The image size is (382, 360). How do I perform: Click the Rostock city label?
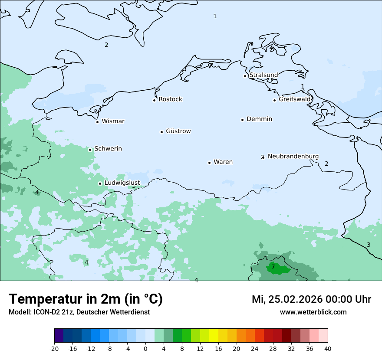click(x=170, y=99)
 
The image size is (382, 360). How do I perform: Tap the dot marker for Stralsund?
click(x=245, y=76)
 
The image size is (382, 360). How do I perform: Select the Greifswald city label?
click(x=295, y=99)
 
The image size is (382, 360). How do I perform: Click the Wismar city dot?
click(x=97, y=122)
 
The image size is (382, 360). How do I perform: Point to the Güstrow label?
click(x=178, y=131)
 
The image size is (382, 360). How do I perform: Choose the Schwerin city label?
click(x=108, y=149)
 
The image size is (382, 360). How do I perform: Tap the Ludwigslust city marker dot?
click(x=100, y=183)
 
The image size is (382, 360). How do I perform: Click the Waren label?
click(x=223, y=162)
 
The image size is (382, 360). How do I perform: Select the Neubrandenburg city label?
click(x=293, y=156)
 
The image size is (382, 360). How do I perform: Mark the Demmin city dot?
click(x=242, y=120)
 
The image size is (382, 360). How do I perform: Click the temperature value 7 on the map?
click(x=273, y=267)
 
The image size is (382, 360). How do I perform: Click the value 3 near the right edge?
click(x=369, y=245)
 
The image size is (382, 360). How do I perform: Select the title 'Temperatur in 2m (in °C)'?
click(x=86, y=299)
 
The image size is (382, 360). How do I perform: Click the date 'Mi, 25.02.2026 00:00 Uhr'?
click(x=311, y=299)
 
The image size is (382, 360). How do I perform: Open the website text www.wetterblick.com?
click(x=313, y=312)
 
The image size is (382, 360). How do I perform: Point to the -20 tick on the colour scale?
click(x=54, y=348)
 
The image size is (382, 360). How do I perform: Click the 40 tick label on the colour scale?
click(x=328, y=348)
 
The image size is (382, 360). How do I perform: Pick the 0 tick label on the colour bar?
click(x=145, y=348)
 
